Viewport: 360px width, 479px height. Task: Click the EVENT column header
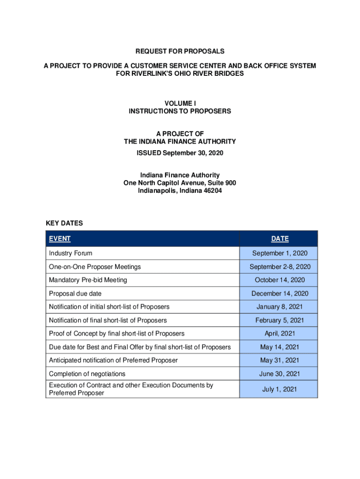point(60,239)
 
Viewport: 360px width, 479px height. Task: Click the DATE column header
point(280,239)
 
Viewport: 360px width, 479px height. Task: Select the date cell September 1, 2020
point(280,253)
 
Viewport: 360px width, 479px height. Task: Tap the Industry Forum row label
point(71,253)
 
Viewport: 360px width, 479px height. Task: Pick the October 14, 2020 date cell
point(280,280)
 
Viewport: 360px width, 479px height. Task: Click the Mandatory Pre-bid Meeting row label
point(88,280)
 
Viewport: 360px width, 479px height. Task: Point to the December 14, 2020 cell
point(280,293)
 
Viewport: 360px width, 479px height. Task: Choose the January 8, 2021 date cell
point(280,307)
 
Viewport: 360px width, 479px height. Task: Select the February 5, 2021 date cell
point(280,320)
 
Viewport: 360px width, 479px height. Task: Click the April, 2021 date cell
point(280,334)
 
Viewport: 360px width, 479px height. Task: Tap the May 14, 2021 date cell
point(280,347)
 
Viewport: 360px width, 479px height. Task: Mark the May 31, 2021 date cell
point(280,360)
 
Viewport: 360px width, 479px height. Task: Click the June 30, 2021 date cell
point(280,374)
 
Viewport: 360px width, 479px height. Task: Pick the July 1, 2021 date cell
point(280,389)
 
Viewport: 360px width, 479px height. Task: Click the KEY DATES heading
point(65,223)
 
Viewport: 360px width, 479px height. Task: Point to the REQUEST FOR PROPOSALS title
point(180,51)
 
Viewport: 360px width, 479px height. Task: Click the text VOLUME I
point(180,103)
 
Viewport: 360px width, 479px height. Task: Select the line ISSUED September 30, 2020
point(180,153)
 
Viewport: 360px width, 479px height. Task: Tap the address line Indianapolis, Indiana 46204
point(180,190)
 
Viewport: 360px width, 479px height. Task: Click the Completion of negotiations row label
point(87,374)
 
